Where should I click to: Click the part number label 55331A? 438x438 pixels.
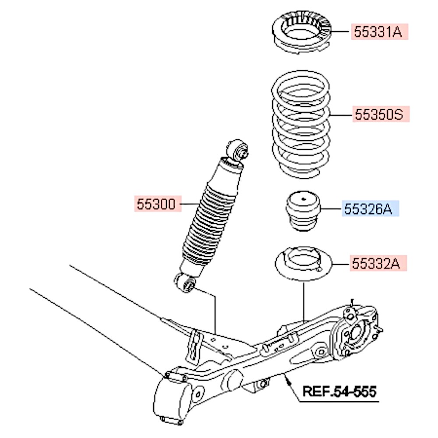[x=379, y=32]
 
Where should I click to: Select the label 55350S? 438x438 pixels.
[x=380, y=114]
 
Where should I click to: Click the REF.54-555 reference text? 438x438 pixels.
[x=339, y=391]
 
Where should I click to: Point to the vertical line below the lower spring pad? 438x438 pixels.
[x=304, y=302]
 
